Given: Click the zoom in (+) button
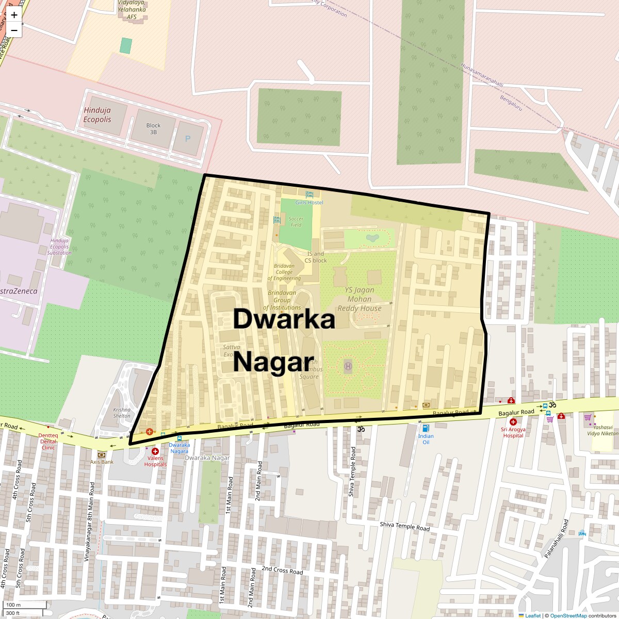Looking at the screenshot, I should pyautogui.click(x=14, y=15).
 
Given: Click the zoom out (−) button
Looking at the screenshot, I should pyautogui.click(x=14, y=30).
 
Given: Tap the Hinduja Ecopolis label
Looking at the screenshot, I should pyautogui.click(x=97, y=115).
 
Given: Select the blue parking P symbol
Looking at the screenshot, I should pyautogui.click(x=187, y=139).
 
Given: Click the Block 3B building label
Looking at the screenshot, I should pyautogui.click(x=153, y=128).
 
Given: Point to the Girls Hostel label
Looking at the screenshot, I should pyautogui.click(x=309, y=202).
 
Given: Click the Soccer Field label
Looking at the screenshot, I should pyautogui.click(x=296, y=221).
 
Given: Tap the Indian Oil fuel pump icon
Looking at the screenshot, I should pyautogui.click(x=426, y=428).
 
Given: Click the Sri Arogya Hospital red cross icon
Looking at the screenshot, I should pyautogui.click(x=513, y=421).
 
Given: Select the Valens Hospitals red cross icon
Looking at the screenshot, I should pyautogui.click(x=155, y=451).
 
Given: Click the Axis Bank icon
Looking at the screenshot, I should pyautogui.click(x=102, y=455).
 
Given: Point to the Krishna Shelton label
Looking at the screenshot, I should pyautogui.click(x=122, y=413).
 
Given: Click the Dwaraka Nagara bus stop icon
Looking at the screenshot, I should pyautogui.click(x=180, y=438).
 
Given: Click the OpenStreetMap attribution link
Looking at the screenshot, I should pyautogui.click(x=568, y=615).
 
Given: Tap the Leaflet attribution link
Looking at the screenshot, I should pyautogui.click(x=533, y=615).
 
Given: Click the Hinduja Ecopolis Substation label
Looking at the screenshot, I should pyautogui.click(x=59, y=247).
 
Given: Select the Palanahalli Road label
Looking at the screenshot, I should pyautogui.click(x=556, y=538).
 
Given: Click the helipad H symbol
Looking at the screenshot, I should pyautogui.click(x=348, y=366).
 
